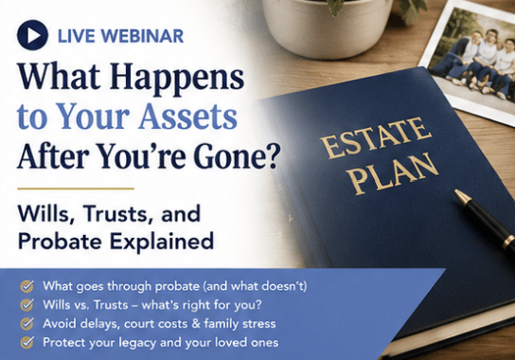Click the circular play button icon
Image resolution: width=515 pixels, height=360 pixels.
coord(32,35)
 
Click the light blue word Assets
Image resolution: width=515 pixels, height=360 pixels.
coord(187,116)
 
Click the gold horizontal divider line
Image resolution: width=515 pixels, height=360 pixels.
coord(76,189)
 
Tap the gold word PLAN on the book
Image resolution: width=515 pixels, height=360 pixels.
coord(394,173)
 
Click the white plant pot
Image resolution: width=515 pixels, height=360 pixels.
coord(328,27)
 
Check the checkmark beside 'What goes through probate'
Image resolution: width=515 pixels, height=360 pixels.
coord(27,286)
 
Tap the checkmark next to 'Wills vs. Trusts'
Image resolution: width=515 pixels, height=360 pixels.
coord(27,305)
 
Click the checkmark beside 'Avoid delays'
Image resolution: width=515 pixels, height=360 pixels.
coord(27,323)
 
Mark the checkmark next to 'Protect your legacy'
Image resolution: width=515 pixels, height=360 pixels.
coord(27,342)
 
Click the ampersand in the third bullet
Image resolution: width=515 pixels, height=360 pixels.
coord(196,323)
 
